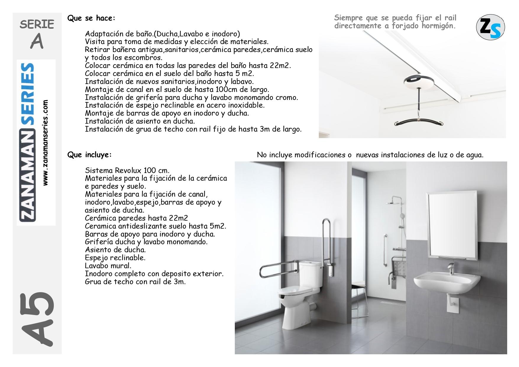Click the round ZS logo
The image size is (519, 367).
pos(490,27)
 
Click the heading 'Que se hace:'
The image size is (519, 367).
pos(91,18)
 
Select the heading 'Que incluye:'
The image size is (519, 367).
pos(90,155)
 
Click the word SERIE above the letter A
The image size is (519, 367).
pos(37,24)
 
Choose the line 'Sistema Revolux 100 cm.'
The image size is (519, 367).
pos(127,171)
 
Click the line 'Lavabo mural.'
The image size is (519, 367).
pos(108,266)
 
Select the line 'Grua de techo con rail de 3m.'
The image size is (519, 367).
pos(135,282)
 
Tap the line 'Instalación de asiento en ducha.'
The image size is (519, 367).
pos(140,121)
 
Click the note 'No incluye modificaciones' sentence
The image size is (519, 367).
pos(370,155)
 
